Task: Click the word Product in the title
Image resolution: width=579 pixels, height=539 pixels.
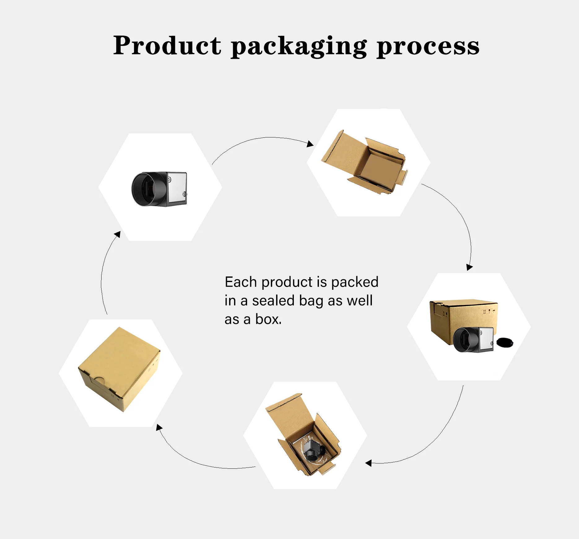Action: pyautogui.click(x=167, y=46)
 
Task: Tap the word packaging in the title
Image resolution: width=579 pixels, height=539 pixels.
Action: pyautogui.click(x=299, y=46)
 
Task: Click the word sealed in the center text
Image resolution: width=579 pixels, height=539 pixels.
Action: pyautogui.click(x=273, y=301)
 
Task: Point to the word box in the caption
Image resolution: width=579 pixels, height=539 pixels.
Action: pyautogui.click(x=268, y=319)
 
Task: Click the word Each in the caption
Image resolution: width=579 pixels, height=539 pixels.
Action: pyautogui.click(x=241, y=282)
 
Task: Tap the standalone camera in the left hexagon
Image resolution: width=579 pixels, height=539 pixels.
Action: pyautogui.click(x=159, y=189)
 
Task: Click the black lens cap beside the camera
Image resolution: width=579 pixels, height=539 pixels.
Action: pyautogui.click(x=505, y=342)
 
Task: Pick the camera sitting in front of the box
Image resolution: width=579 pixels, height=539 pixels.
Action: pyautogui.click(x=472, y=340)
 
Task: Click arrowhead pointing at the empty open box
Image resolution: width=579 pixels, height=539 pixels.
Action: pyautogui.click(x=310, y=144)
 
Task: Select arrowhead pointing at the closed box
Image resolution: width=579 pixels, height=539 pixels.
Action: pyautogui.click(x=159, y=428)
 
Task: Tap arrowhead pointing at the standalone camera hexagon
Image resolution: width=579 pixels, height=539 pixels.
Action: pyautogui.click(x=117, y=234)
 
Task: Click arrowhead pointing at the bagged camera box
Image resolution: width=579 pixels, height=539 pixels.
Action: pyautogui.click(x=368, y=463)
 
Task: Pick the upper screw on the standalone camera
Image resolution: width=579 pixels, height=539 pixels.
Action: pyautogui.click(x=169, y=179)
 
